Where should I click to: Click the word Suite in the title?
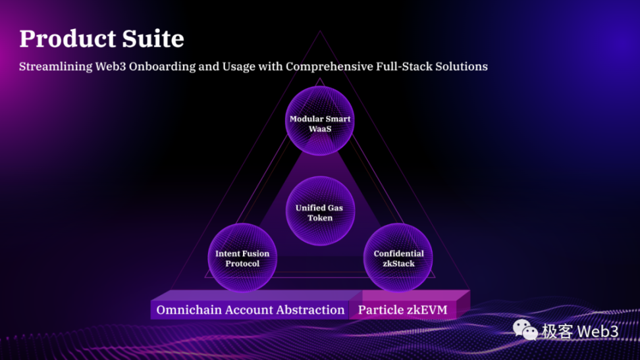[x=153, y=39]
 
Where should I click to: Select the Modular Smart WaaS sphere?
[x=320, y=124]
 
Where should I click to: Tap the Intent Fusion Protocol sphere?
[x=242, y=258]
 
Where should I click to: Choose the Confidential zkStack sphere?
[x=398, y=258]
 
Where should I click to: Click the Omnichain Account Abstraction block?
[x=250, y=309]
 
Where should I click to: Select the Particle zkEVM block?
[x=402, y=309]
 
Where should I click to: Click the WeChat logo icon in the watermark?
[x=525, y=330]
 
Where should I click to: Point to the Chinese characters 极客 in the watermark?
[x=557, y=331]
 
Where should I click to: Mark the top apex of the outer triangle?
[x=320, y=31]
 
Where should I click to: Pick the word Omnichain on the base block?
[x=188, y=309]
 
